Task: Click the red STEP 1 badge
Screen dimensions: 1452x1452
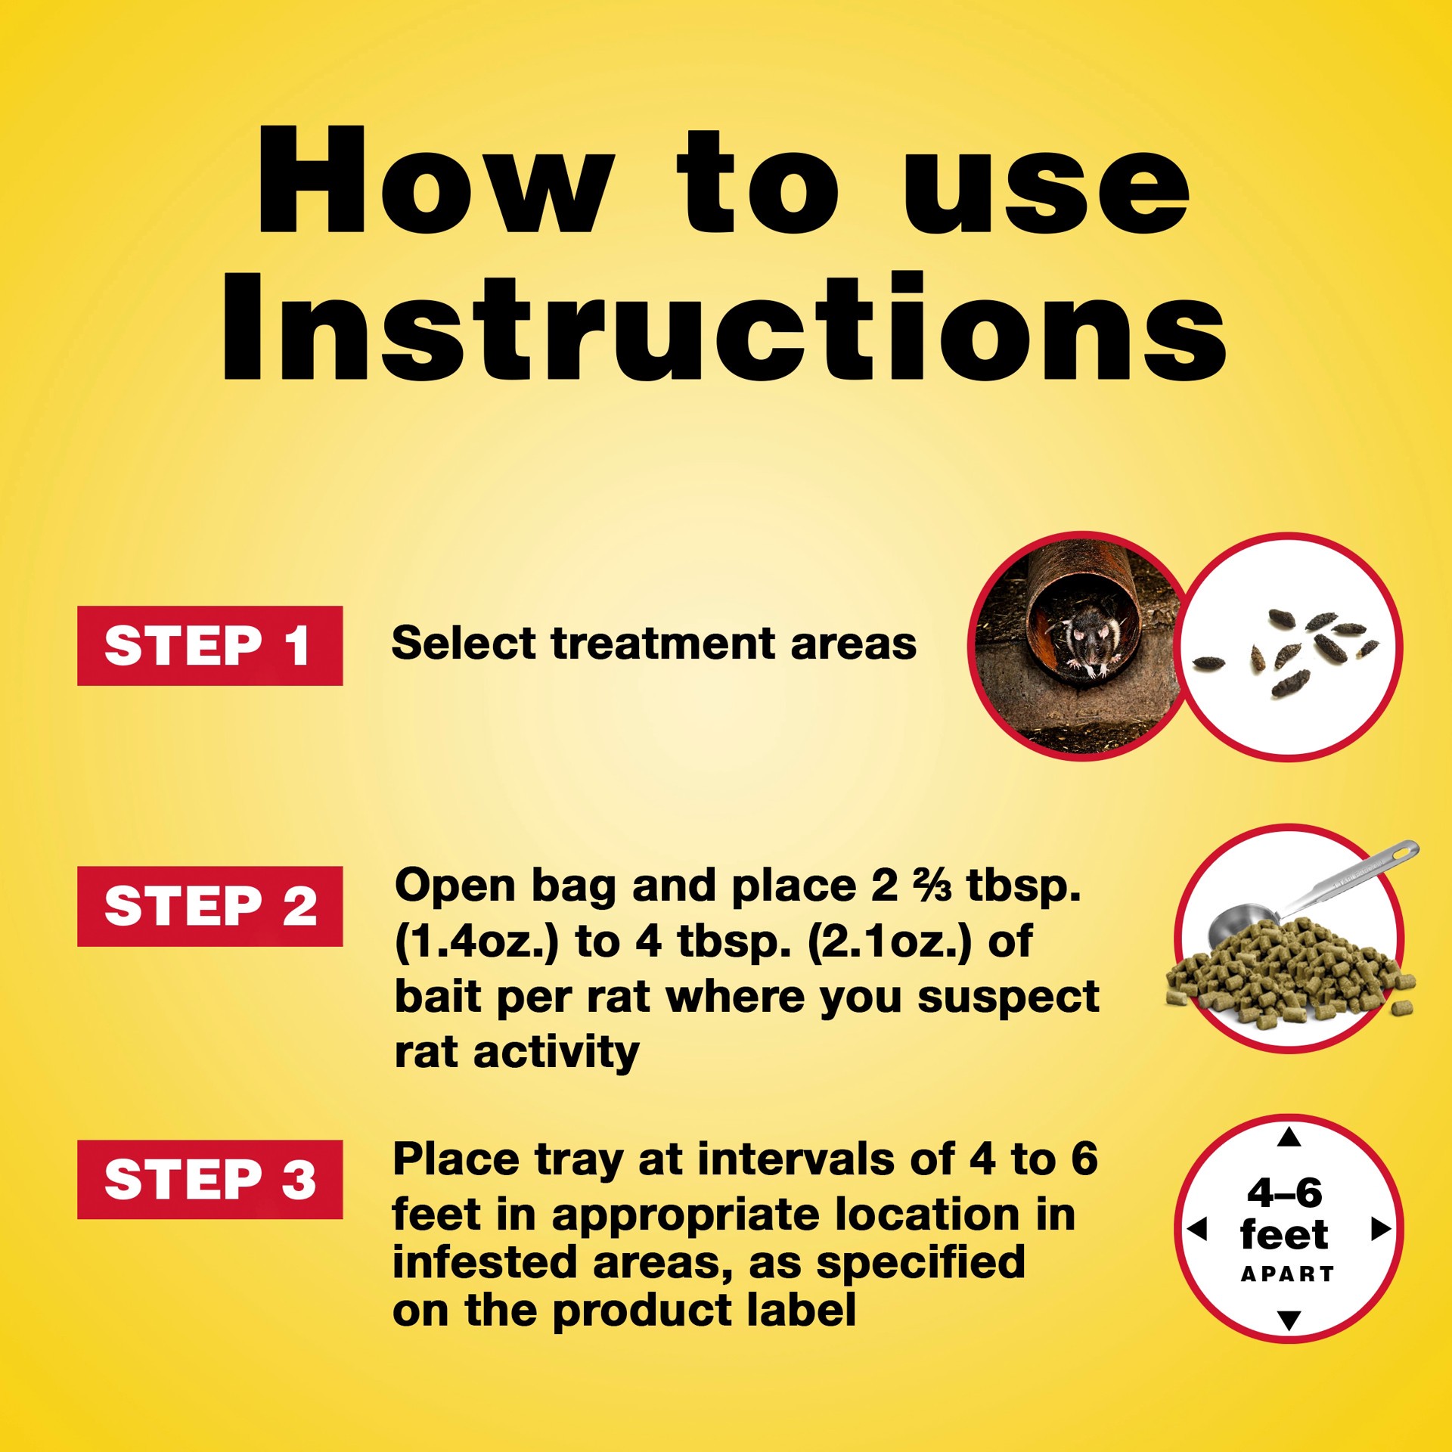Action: (209, 645)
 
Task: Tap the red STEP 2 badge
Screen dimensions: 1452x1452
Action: (209, 906)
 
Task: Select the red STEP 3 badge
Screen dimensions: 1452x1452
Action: (209, 1179)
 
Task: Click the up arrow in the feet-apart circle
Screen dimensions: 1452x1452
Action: (1289, 1137)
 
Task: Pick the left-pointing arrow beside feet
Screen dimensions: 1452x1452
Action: (1197, 1229)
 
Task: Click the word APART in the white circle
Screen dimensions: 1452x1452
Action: (1288, 1274)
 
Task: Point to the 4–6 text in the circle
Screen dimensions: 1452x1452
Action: (1285, 1193)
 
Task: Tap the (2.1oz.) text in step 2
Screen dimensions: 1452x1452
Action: (890, 942)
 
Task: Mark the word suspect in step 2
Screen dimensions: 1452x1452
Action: (1008, 997)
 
